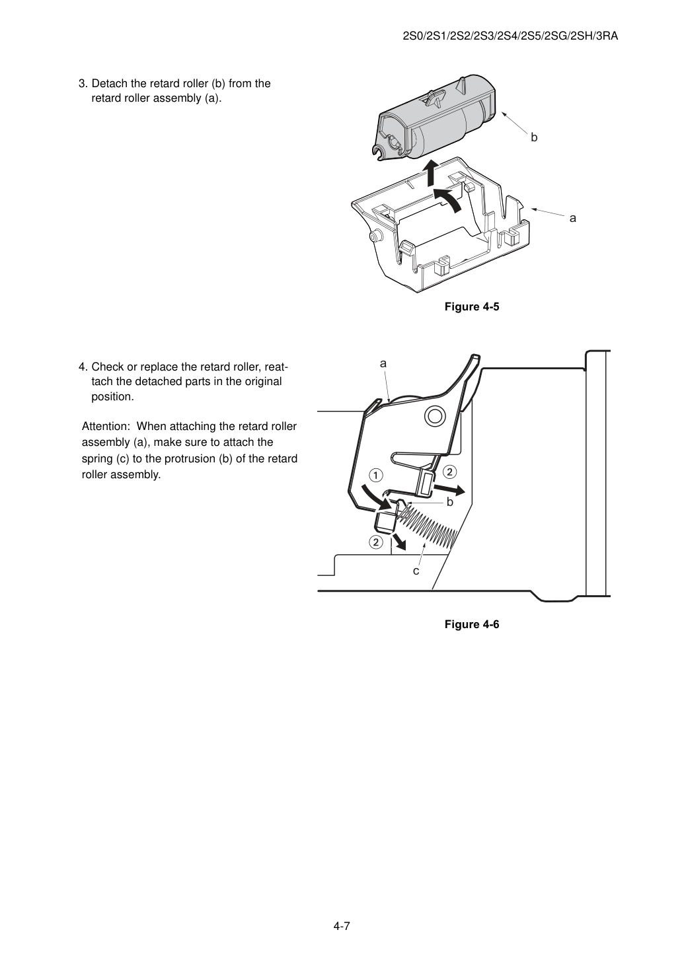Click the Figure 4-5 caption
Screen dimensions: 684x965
point(471,306)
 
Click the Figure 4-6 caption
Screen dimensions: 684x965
point(471,624)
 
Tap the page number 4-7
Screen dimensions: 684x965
point(342,926)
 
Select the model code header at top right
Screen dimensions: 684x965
point(510,36)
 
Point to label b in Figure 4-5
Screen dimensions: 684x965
point(534,137)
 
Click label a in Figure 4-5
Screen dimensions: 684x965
point(572,219)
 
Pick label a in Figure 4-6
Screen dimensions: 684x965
point(383,363)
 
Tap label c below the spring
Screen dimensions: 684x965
point(416,571)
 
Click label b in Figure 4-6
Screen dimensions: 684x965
point(450,502)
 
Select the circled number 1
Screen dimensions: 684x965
point(376,475)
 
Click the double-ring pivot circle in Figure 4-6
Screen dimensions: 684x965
point(433,416)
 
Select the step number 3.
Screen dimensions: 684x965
point(83,84)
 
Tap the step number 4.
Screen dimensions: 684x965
point(83,367)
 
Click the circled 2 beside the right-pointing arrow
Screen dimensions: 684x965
point(449,472)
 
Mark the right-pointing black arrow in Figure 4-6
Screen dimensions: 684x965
point(449,489)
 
